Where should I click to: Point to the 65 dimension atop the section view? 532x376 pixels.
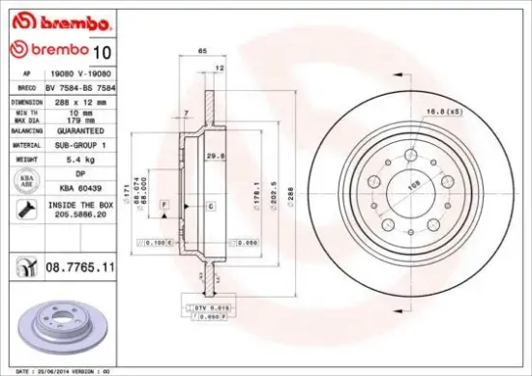tap(203, 49)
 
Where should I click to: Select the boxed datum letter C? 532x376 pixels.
tap(210, 207)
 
